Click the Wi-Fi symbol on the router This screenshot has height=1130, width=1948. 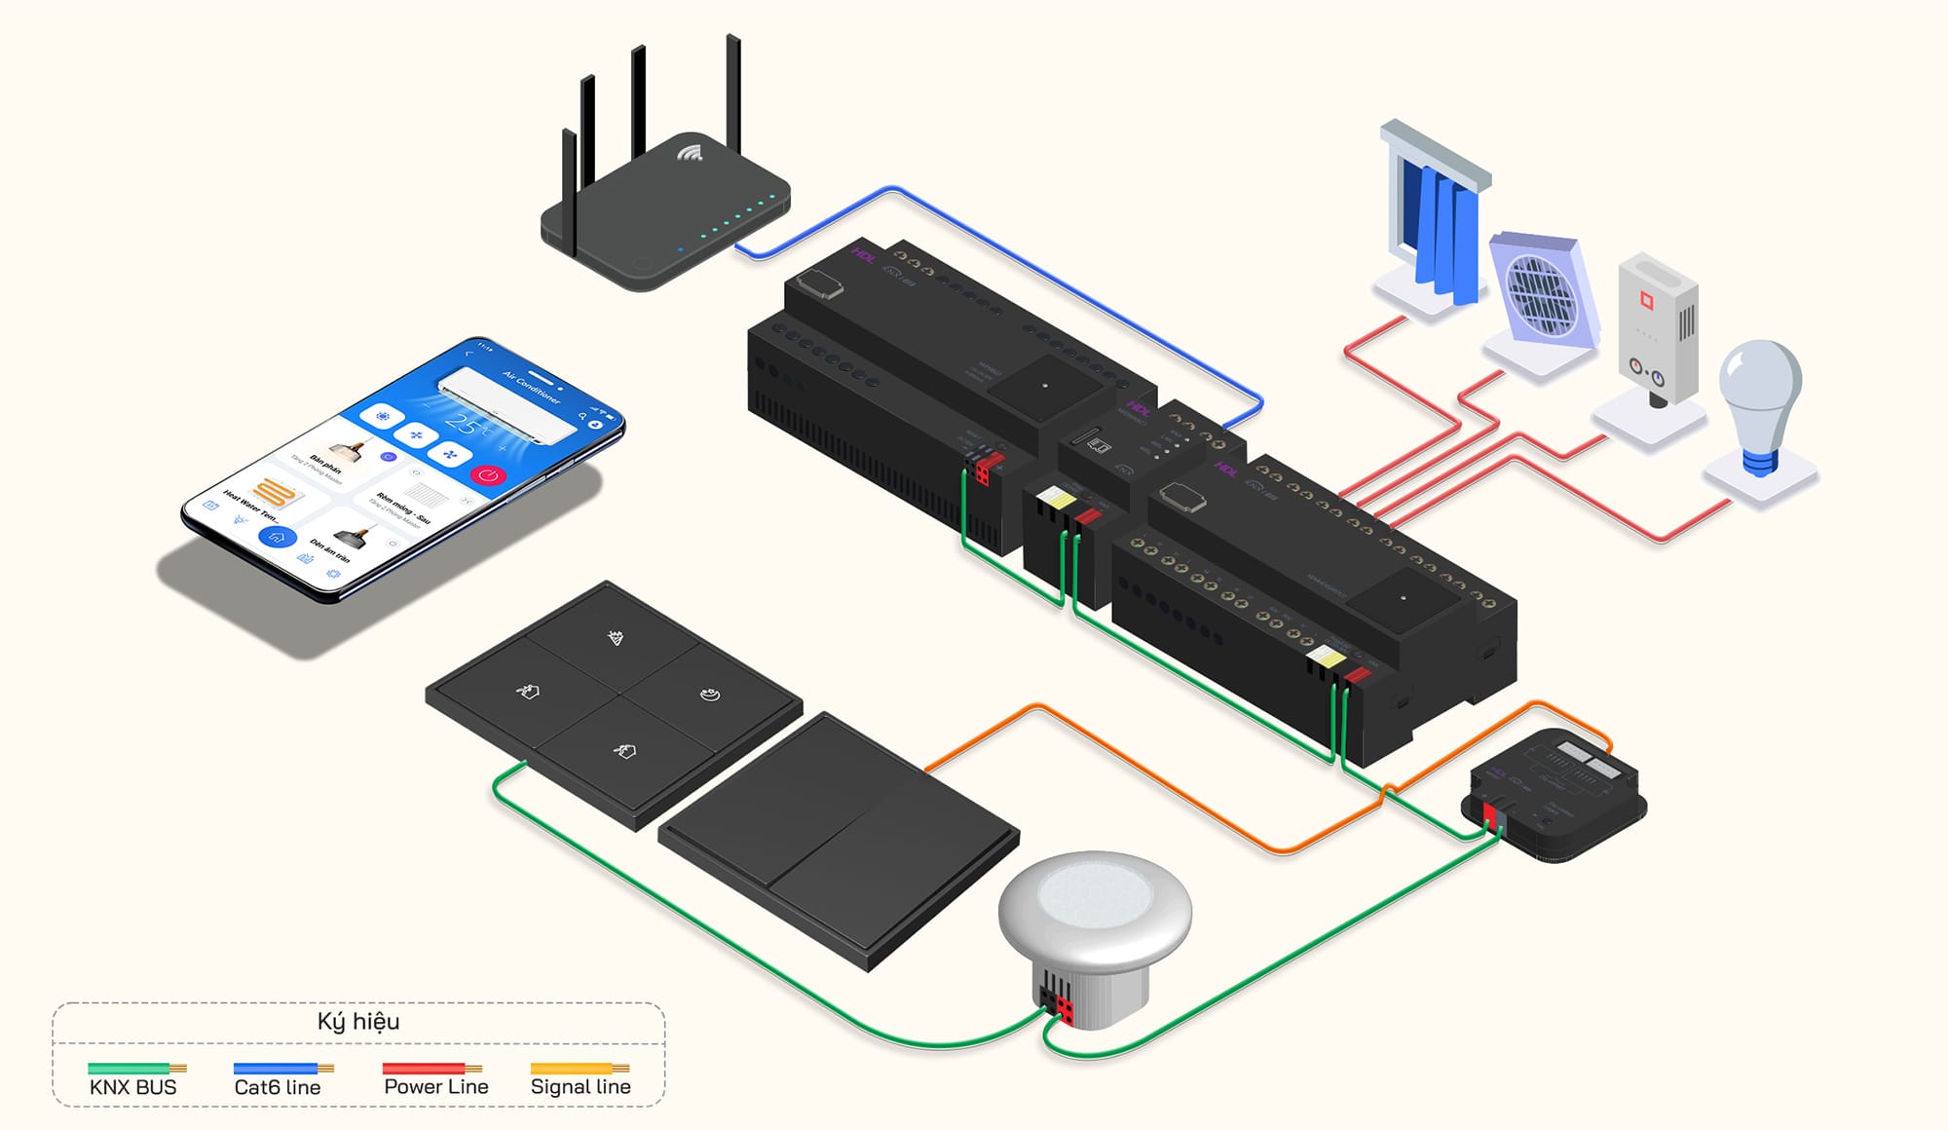691,153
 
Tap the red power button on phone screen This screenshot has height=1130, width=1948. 489,474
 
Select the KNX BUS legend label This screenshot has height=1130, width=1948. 132,1087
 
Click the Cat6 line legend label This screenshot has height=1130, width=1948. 278,1087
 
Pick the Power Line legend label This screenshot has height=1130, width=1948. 436,1086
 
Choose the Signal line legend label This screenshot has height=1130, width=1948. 581,1086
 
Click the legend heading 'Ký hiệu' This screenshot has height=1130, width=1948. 358,1021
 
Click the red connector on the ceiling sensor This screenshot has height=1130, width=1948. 1065,1011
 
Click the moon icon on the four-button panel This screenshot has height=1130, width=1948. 711,695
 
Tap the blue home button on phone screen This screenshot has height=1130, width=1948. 277,537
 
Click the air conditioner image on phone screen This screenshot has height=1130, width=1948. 506,399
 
